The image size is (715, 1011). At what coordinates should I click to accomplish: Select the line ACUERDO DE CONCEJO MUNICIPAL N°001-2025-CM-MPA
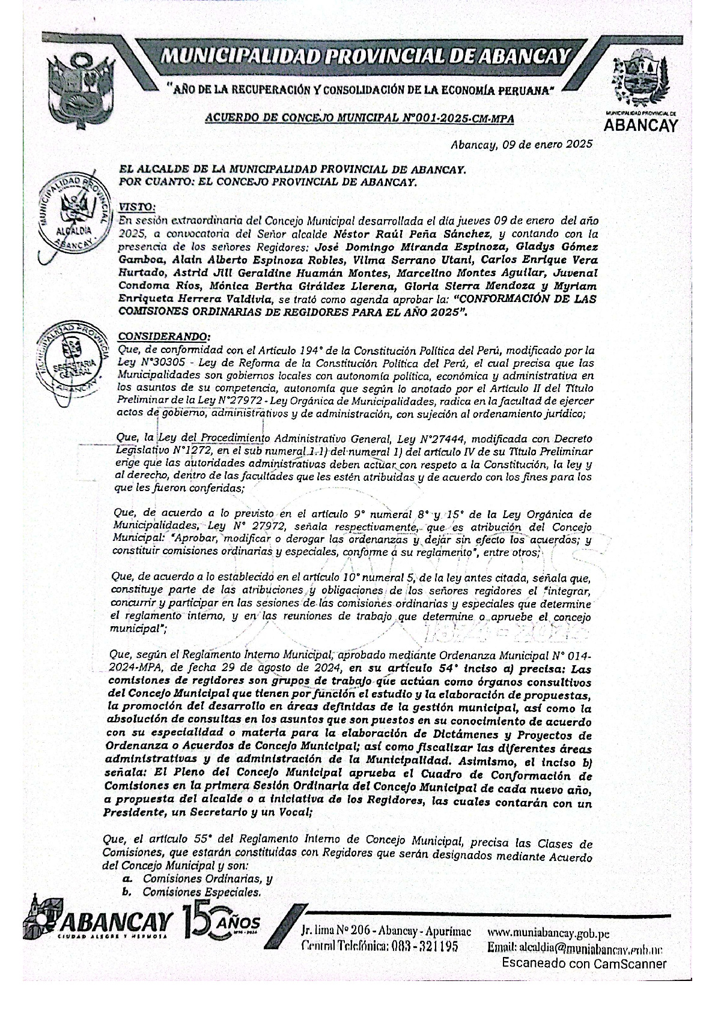pos(359,118)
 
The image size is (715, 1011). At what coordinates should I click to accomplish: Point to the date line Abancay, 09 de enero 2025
pos(522,144)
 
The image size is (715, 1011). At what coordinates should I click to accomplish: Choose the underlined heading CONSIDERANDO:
pos(164,336)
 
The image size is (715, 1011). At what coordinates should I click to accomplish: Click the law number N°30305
pos(156,363)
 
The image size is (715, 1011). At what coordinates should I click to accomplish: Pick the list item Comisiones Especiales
pos(201,892)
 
